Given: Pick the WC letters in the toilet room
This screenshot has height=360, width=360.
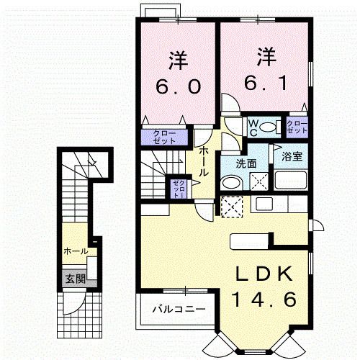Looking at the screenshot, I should [x=253, y=127].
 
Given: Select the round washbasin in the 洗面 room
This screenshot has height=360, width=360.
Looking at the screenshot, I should [x=230, y=184].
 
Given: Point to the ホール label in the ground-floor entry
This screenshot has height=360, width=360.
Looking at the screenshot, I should [x=76, y=251].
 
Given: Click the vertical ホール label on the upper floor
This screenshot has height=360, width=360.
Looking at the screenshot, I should [x=204, y=159].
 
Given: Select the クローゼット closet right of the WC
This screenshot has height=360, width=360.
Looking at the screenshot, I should [x=297, y=127].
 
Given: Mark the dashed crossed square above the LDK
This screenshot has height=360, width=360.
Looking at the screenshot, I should [x=232, y=207].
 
